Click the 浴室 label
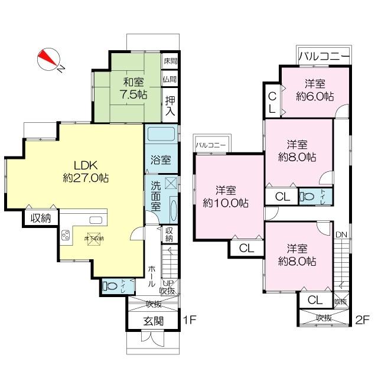pos(159,159)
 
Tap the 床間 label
pos(170,61)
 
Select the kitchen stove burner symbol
pos(64,234)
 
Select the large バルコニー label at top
pos(323,57)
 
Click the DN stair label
pos(341,235)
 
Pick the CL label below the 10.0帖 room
pos(246,249)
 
